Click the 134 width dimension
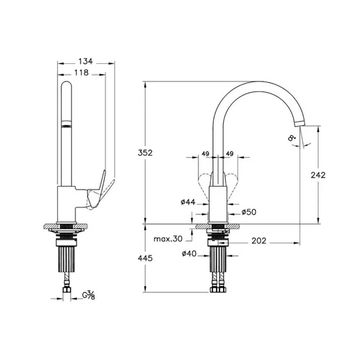point(86,61)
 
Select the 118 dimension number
point(81,72)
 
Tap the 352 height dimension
point(145,153)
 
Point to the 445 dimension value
point(145,258)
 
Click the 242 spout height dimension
point(318,175)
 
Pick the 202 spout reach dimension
point(259,241)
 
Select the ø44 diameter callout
point(188,202)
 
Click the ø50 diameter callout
point(249,212)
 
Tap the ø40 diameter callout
point(189,254)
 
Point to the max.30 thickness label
point(168,239)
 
